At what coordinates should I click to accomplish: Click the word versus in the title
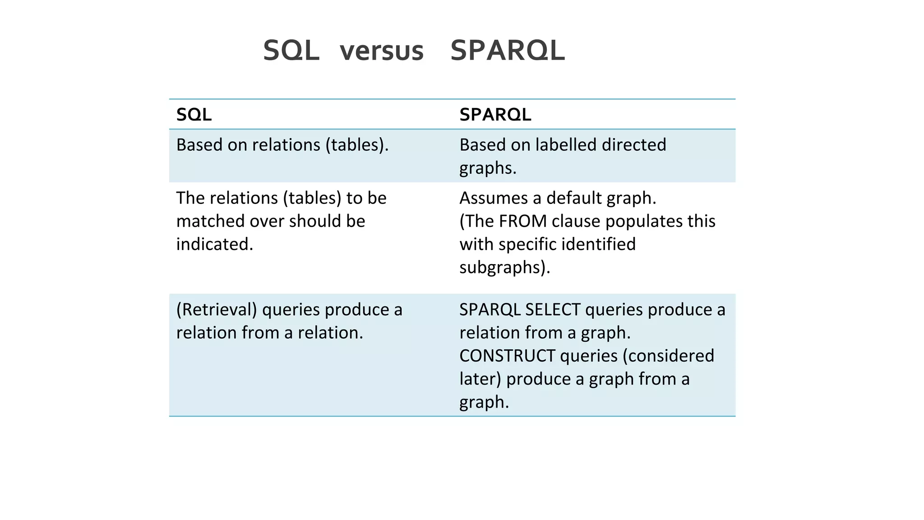point(381,51)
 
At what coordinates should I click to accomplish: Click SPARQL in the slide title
point(508,51)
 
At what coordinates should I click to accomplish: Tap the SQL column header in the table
point(194,115)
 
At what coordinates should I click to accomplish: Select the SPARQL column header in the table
point(495,115)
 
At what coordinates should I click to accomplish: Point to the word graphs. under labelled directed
point(488,168)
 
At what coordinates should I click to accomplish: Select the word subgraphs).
point(505,267)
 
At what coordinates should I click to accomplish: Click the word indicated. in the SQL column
point(215,244)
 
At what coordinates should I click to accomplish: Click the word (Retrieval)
point(217,310)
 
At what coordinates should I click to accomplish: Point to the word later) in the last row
point(480,379)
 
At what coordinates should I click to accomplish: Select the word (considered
point(668,356)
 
